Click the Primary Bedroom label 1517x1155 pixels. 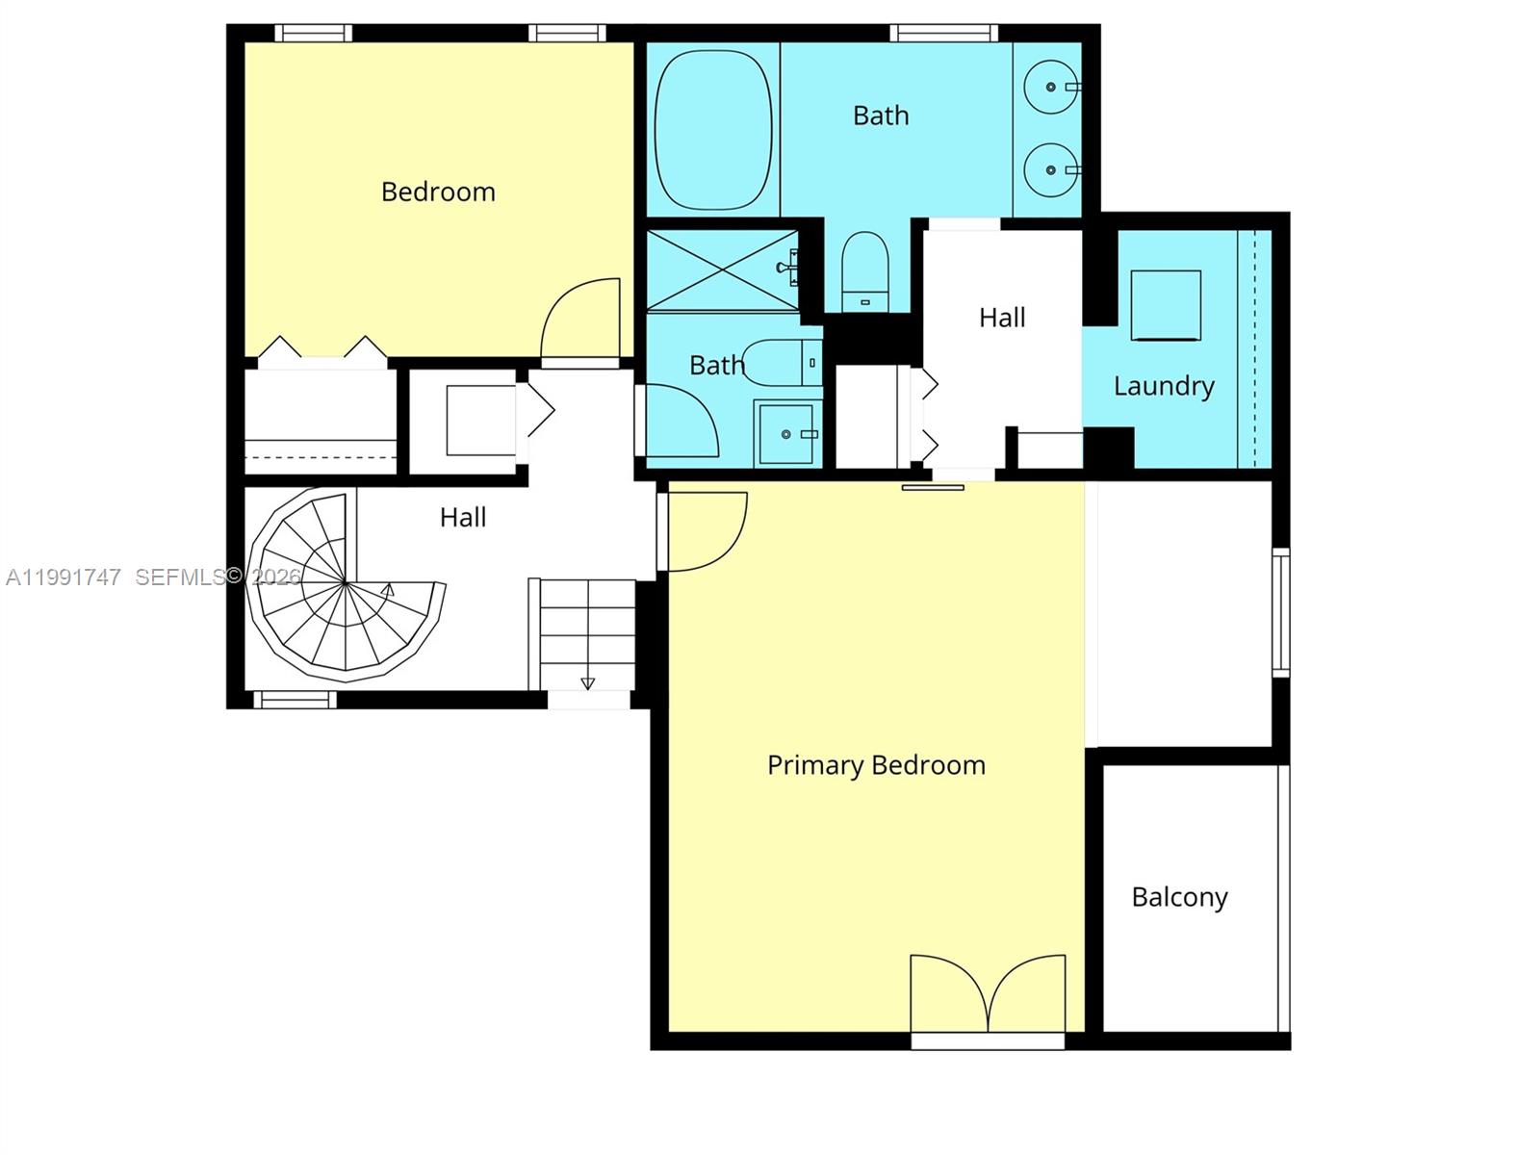[x=876, y=766]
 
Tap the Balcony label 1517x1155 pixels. [x=1179, y=897]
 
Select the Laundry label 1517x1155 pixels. [x=1164, y=386]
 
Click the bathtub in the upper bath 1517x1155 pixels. [x=713, y=130]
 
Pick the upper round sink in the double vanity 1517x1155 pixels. [x=1051, y=88]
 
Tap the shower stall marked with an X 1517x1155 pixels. [x=723, y=270]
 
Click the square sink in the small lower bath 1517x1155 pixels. [x=787, y=434]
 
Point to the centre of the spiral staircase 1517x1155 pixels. [x=345, y=583]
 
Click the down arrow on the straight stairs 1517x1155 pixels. [x=587, y=683]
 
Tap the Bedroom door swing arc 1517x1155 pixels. [x=579, y=319]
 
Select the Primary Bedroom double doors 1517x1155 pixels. [x=988, y=993]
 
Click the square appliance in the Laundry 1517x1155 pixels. [x=1166, y=305]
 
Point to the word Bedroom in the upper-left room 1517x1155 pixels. [x=438, y=192]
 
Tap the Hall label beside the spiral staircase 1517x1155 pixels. [x=463, y=518]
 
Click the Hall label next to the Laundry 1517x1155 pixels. [x=1002, y=318]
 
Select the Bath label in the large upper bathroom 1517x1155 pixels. [x=881, y=115]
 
